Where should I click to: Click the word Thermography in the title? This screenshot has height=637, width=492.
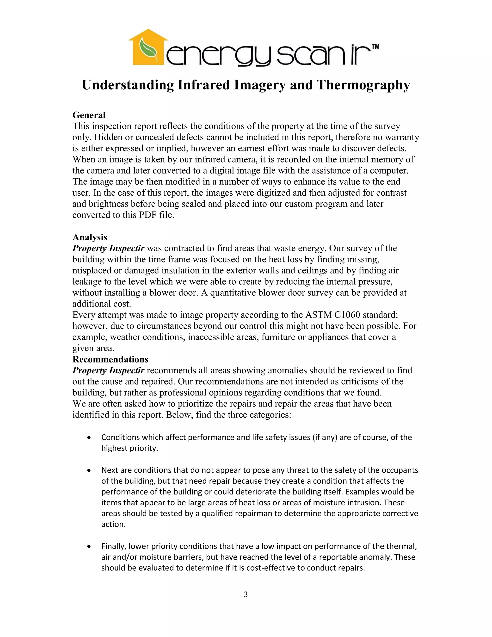363,85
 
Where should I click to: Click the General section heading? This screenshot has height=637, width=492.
89,115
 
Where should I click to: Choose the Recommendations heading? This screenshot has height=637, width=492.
110,359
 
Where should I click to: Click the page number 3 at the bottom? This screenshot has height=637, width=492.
246,594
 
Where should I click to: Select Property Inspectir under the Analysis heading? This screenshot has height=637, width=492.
108,248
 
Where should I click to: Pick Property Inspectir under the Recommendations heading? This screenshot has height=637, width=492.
108,370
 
